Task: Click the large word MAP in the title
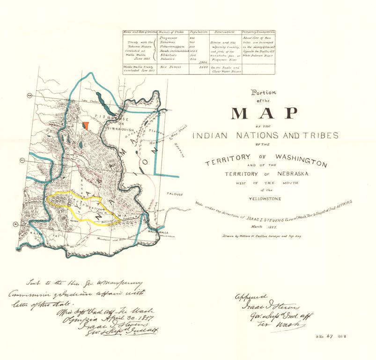click(265, 114)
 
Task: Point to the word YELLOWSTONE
click(266, 199)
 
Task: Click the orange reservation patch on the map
click(85, 126)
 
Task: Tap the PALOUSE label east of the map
click(174, 194)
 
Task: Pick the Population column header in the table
click(198, 31)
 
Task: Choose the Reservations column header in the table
click(225, 31)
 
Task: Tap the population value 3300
click(203, 67)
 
